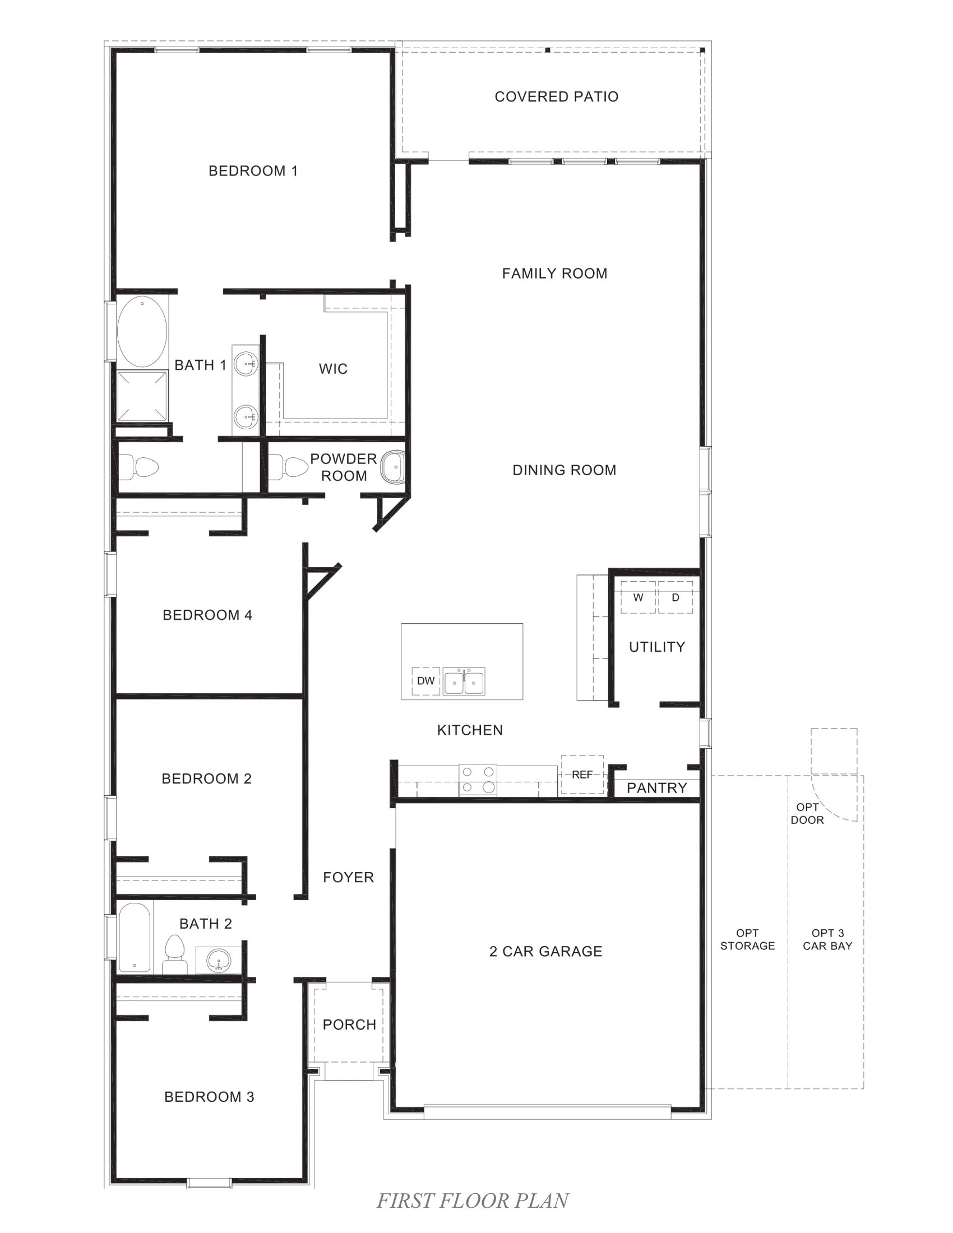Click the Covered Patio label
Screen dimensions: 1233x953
[556, 96]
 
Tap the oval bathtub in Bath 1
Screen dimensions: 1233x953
[142, 331]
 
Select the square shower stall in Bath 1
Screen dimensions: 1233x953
[142, 396]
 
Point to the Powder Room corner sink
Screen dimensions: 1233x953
[392, 467]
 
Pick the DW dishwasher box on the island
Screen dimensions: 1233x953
[425, 680]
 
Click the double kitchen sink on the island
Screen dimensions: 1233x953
[464, 681]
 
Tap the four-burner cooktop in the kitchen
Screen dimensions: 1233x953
[478, 780]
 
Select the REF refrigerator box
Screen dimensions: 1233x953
[582, 775]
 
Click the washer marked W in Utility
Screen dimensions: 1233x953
[638, 597]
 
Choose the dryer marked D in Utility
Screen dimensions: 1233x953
[676, 597]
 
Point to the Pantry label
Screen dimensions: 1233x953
[656, 788]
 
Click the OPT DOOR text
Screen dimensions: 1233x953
[807, 814]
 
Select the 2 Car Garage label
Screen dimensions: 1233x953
[545, 951]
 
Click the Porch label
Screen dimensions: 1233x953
[349, 1025]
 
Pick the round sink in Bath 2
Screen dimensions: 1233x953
[218, 959]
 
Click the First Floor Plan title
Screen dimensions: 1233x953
[473, 1200]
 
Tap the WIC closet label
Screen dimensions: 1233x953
[333, 369]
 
